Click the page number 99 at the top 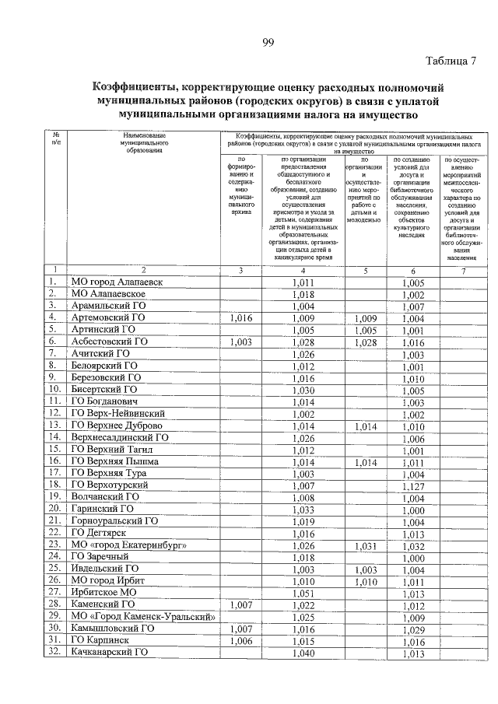pyautogui.click(x=267, y=42)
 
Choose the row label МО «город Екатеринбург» pyautogui.click(x=128, y=545)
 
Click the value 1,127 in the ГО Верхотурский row pyautogui.click(x=413, y=485)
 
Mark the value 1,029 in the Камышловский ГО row pyautogui.click(x=413, y=629)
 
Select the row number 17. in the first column pyautogui.click(x=54, y=474)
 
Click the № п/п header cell pyautogui.click(x=55, y=138)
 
